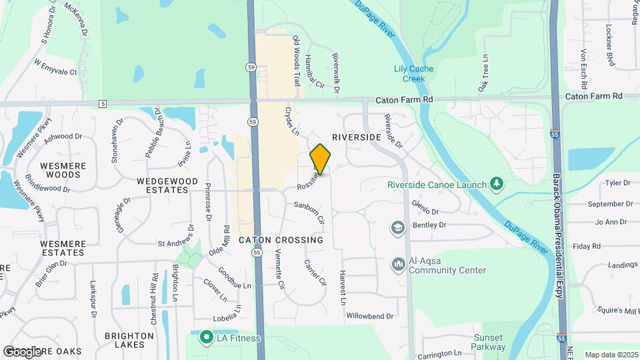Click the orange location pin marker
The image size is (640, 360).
pos(321,159)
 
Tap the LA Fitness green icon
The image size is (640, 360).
pos(207,338)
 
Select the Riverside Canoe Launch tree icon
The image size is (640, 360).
pos(495,183)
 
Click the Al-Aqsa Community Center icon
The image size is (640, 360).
pos(398,265)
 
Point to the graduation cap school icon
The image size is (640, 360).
pos(398,228)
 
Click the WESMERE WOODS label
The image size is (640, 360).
pos(60,170)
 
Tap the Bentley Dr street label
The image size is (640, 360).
pos(429,225)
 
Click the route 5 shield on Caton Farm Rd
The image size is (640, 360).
pos(102,104)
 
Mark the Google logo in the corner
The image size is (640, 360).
pos(23,351)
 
